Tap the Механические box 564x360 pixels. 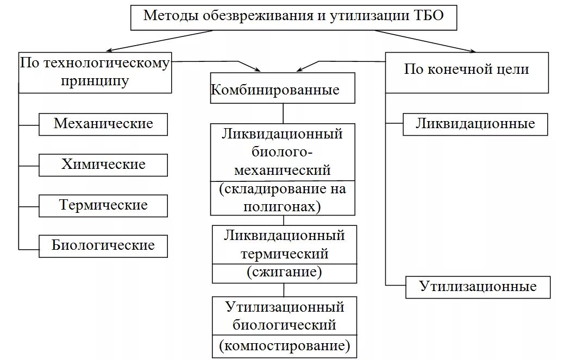103,124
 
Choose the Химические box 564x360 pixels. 103,164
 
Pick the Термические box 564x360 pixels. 103,205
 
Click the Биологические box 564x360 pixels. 103,245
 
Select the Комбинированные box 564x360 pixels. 283,90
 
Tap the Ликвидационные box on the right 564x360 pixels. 475,124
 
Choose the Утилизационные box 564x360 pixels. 478,287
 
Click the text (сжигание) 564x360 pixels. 284,272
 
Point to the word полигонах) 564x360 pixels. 283,206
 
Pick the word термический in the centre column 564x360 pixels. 284,253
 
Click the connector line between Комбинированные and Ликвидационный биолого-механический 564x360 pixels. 283,113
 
